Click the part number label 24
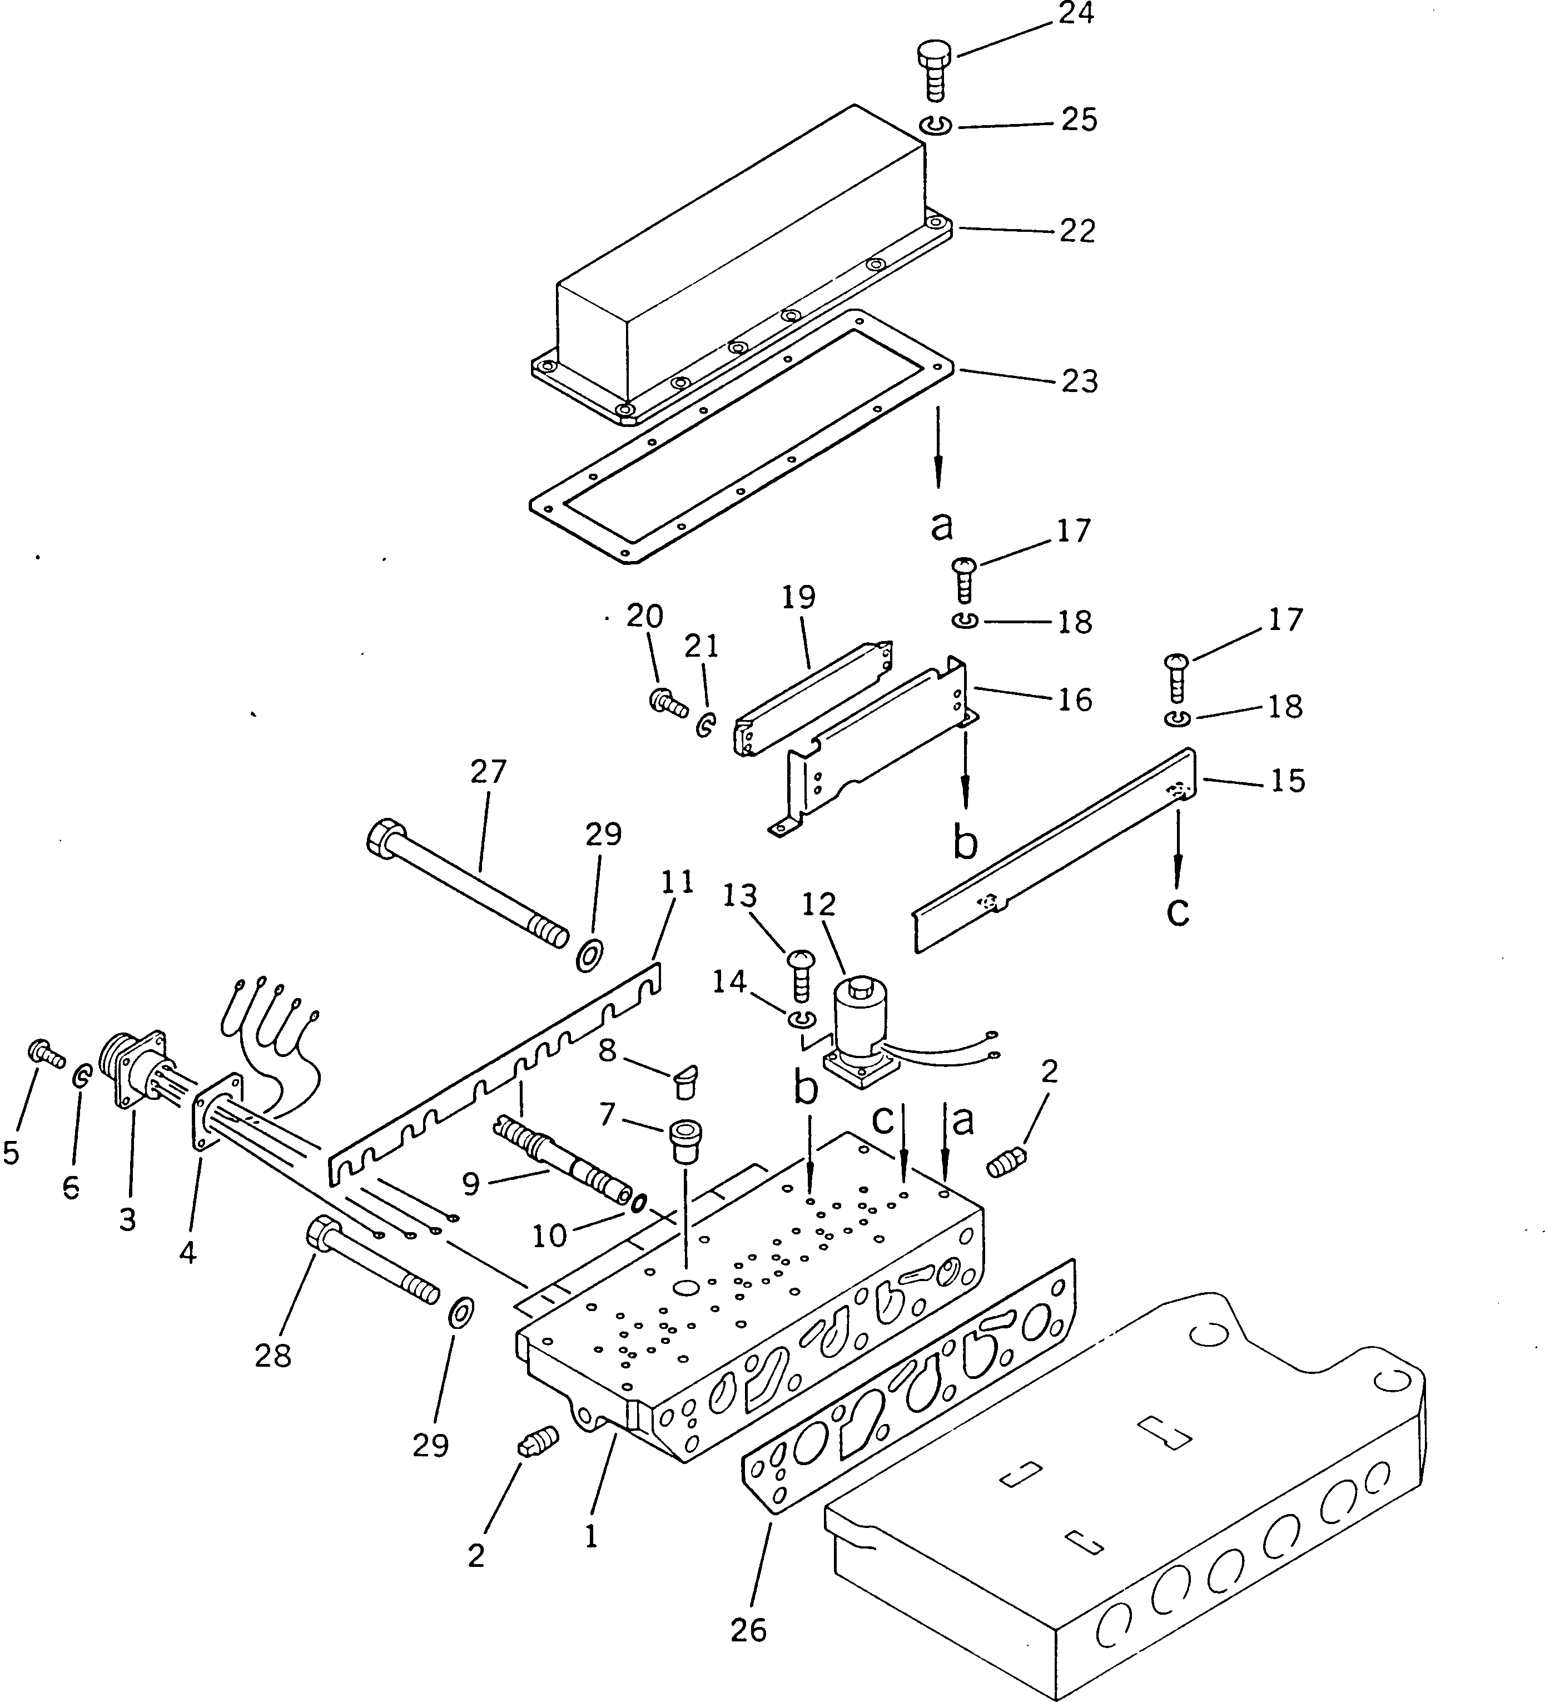(x=1076, y=14)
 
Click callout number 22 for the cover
(x=1077, y=231)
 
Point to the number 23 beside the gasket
(x=1079, y=381)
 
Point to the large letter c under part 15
(x=1178, y=911)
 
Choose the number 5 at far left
(x=11, y=1153)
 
